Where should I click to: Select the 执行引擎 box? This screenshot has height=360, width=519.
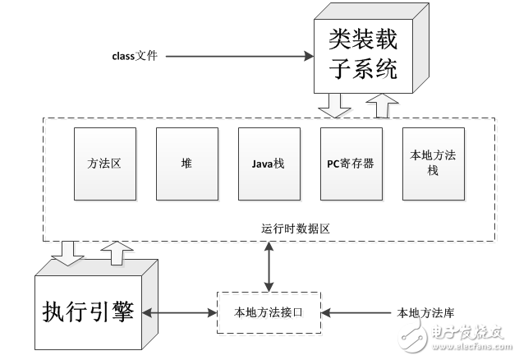pyautogui.click(x=88, y=313)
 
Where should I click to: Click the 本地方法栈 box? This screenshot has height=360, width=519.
pyautogui.click(x=428, y=164)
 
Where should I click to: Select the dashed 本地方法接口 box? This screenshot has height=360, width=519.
pyautogui.click(x=269, y=312)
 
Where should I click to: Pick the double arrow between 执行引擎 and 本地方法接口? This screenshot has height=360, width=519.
pyautogui.click(x=177, y=312)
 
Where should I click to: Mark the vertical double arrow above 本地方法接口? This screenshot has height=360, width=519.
pyautogui.click(x=269, y=265)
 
